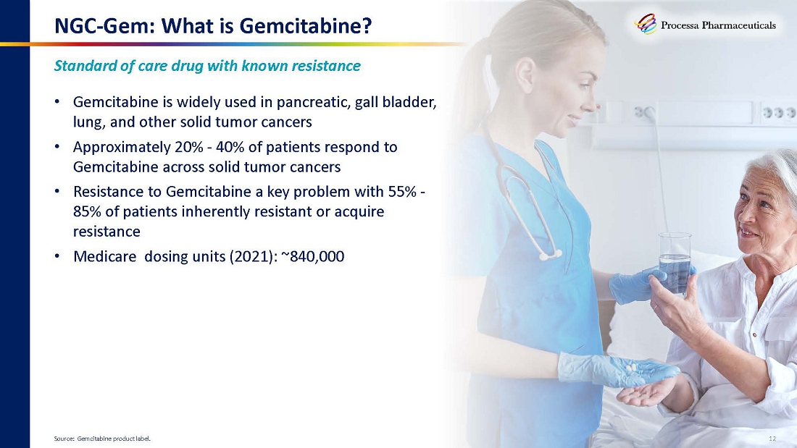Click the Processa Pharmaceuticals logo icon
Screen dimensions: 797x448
coord(646,24)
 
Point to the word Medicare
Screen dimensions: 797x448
coord(105,256)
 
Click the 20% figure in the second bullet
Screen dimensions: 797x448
coord(189,148)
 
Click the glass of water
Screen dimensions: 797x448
coord(675,263)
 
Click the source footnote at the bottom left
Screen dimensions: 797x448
coord(102,439)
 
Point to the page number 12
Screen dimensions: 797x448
coord(772,439)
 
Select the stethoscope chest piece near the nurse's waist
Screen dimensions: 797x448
coord(549,255)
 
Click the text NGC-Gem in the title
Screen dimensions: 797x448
coord(100,25)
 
